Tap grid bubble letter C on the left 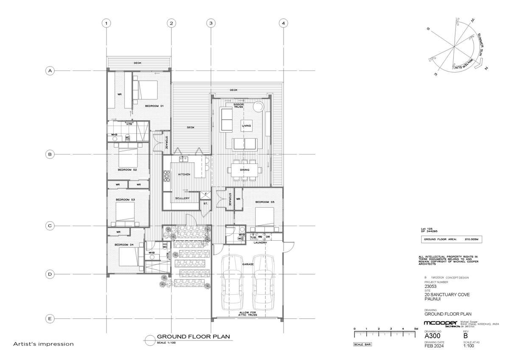pyautogui.click(x=50, y=226)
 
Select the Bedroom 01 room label pyautogui.click(x=154, y=105)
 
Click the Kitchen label pyautogui.click(x=184, y=174)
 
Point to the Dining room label pyautogui.click(x=244, y=170)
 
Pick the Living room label pyautogui.click(x=246, y=126)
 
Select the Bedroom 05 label pyautogui.click(x=265, y=202)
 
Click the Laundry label pyautogui.click(x=260, y=243)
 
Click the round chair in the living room pyautogui.click(x=259, y=106)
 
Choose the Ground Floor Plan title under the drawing pyautogui.click(x=193, y=337)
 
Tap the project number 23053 pyautogui.click(x=430, y=286)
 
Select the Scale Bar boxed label pyautogui.click(x=362, y=344)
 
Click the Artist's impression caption pyautogui.click(x=43, y=344)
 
